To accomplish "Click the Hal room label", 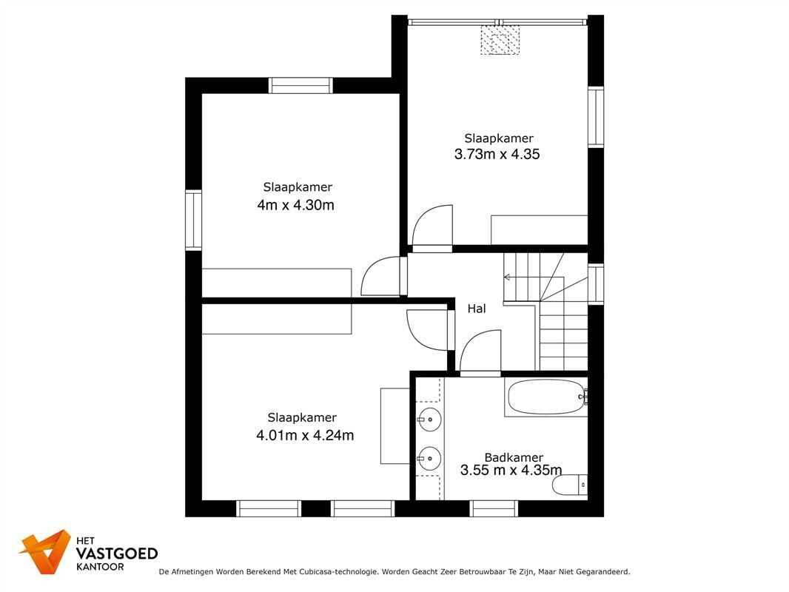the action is [x=477, y=309].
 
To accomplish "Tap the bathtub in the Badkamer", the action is [x=546, y=397].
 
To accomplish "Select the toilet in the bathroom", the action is [x=570, y=485].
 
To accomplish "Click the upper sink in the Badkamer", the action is [x=429, y=420].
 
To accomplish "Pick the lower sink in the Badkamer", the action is [x=429, y=458].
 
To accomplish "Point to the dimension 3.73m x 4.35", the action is [x=497, y=154].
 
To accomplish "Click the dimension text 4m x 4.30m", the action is [x=296, y=205].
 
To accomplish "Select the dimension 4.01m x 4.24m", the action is [x=305, y=435].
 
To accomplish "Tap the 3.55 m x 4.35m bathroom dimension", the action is [x=511, y=471].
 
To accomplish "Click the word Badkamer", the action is [x=514, y=457].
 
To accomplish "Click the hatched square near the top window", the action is [x=500, y=40].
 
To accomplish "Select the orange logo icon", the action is [x=45, y=551].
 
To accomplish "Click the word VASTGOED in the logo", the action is [x=117, y=554].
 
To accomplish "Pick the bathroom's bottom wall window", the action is [x=494, y=508].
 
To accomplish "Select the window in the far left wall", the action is [x=193, y=220].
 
